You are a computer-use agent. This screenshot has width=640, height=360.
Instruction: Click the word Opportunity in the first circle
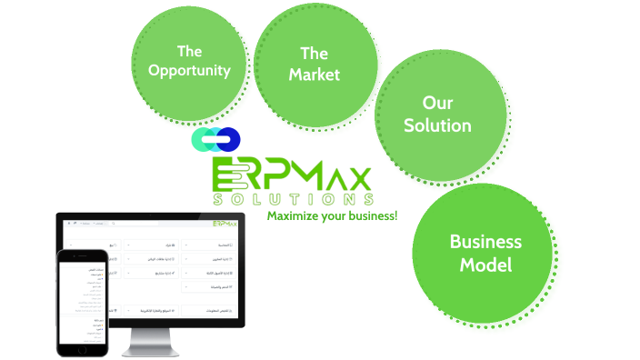coord(189,70)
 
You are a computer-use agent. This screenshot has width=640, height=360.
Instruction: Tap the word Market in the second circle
coord(314,74)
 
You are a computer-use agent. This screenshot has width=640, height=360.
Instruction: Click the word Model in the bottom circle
coord(485,265)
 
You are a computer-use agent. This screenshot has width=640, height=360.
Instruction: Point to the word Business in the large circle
coord(485,242)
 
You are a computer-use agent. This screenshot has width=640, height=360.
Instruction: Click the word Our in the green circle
coord(437,102)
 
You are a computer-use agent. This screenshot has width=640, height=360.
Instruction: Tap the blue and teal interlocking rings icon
coord(216,139)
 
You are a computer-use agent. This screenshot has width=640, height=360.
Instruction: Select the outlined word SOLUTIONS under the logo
coord(291,199)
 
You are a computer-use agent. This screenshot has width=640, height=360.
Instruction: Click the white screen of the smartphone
coord(83,300)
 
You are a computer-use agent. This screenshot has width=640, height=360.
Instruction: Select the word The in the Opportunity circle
coord(189,50)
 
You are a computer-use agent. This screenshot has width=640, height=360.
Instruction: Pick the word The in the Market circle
coord(314,53)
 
